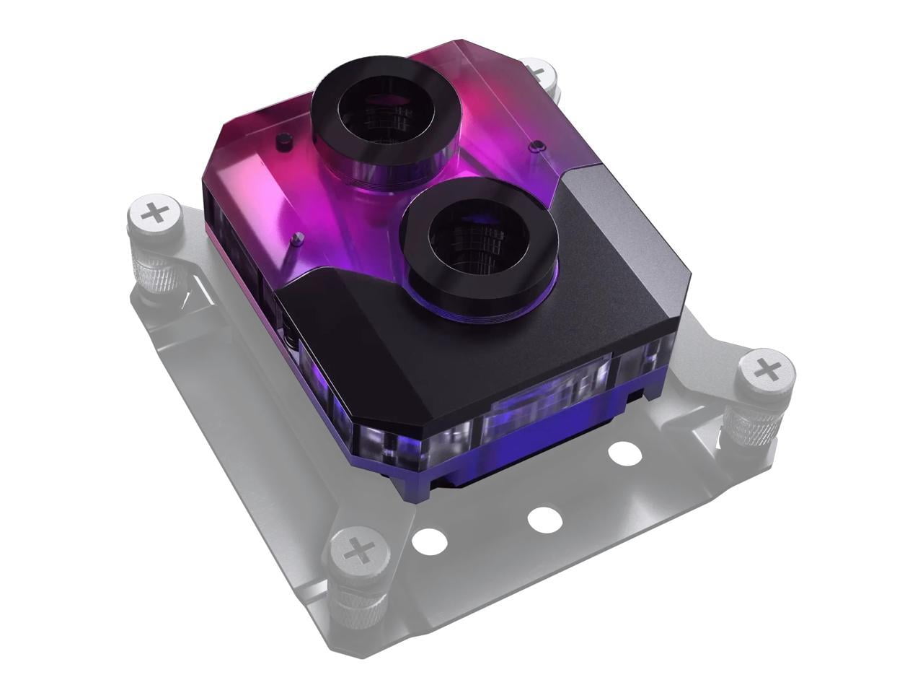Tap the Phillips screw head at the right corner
769,371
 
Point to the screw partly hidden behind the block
539,70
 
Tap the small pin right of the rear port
534,147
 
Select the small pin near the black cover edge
296,238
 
